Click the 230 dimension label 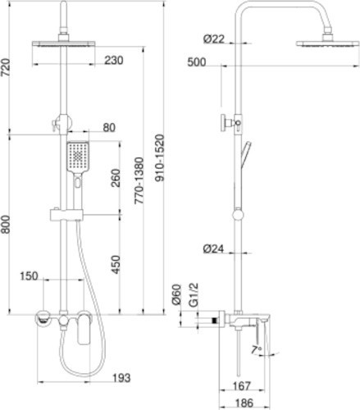tap(114, 61)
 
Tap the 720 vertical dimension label tap(6, 67)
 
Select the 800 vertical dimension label tap(6, 225)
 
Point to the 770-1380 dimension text tap(139, 180)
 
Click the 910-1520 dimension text tap(159, 157)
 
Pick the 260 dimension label tap(116, 178)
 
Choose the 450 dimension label tap(116, 265)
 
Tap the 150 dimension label tap(29, 276)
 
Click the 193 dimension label tap(121, 378)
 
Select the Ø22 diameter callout tap(214, 39)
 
